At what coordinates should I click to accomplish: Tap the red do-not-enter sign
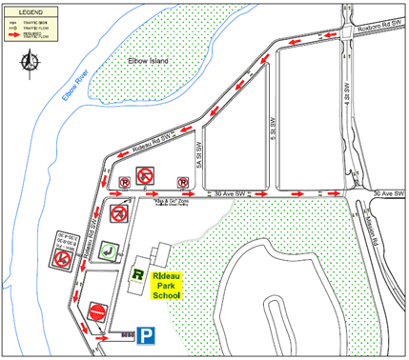pyautogui.click(x=98, y=310)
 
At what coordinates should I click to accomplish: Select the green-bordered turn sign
pyautogui.click(x=110, y=251)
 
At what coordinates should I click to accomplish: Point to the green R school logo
pyautogui.click(x=139, y=277)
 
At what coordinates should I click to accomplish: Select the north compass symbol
pyautogui.click(x=30, y=64)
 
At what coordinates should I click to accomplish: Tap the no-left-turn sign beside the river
pyautogui.click(x=62, y=257)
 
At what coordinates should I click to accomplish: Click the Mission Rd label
pyautogui.click(x=365, y=233)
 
